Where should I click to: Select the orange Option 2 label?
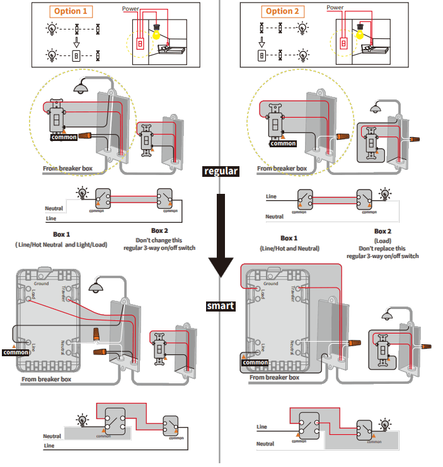(x=279, y=11)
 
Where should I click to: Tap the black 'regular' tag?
(x=221, y=171)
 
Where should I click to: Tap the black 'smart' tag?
(x=221, y=307)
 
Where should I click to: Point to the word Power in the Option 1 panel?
(x=130, y=9)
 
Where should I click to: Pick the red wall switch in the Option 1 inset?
(x=141, y=43)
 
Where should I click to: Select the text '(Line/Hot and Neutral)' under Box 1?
(x=289, y=249)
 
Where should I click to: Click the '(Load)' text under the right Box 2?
(x=383, y=240)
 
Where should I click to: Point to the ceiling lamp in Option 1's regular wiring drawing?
(x=81, y=89)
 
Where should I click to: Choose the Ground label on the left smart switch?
(x=41, y=284)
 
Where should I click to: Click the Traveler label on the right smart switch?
(x=293, y=293)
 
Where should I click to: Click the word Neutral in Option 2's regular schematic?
(x=274, y=217)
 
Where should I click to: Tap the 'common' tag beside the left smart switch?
(x=16, y=352)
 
